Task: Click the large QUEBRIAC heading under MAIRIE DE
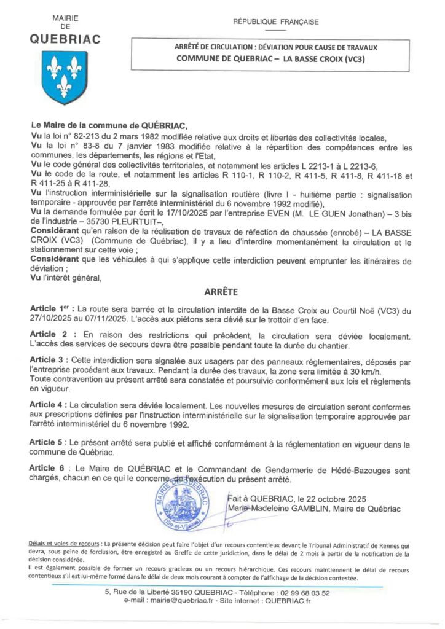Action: point(65,40)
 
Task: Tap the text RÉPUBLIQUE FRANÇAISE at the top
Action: point(276,22)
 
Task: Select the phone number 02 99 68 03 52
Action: point(298,593)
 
